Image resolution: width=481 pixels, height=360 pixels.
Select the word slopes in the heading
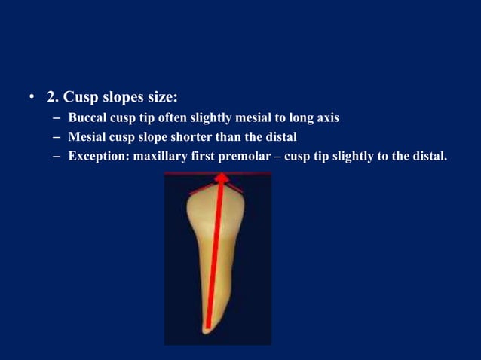tap(128, 97)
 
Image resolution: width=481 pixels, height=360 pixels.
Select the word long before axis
tap(295, 117)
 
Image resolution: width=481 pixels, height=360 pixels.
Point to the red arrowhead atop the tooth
tap(222, 178)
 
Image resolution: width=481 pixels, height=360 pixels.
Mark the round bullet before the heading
tap(32, 98)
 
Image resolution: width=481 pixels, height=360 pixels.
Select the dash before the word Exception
tap(57, 157)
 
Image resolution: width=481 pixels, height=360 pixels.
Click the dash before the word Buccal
tap(57, 117)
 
